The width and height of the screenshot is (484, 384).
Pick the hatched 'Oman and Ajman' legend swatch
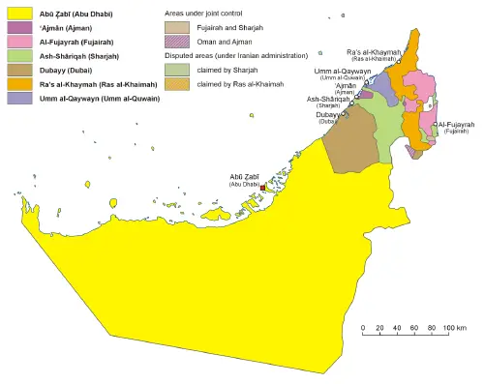click(x=177, y=43)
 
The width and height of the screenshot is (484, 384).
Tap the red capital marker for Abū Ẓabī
click(x=262, y=189)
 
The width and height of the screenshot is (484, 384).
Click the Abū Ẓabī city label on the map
click(x=243, y=177)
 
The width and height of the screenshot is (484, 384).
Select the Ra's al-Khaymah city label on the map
click(x=372, y=52)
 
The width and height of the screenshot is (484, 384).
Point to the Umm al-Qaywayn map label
click(x=340, y=71)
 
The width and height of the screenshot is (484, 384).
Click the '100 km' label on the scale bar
click(x=455, y=328)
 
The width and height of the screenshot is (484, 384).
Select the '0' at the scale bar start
click(x=363, y=328)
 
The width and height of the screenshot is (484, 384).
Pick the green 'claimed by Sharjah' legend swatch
click(x=177, y=71)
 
